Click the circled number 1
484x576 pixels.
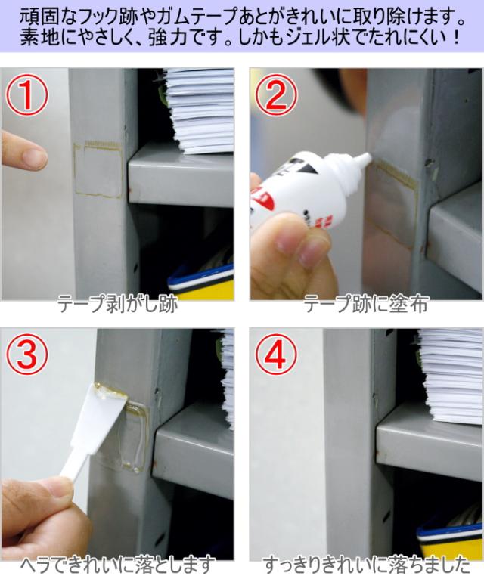click(x=26, y=95)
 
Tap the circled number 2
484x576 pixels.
click(x=276, y=95)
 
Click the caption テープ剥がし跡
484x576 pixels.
click(x=118, y=304)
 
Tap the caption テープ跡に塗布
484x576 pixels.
click(x=366, y=304)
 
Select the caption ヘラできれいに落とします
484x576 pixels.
click(x=118, y=565)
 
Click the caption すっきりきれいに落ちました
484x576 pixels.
click(x=366, y=565)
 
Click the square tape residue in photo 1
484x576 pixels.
click(x=98, y=170)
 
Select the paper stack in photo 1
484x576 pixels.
click(x=198, y=110)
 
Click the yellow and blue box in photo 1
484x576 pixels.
click(x=201, y=281)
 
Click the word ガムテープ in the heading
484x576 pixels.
click(x=199, y=17)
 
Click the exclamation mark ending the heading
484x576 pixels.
click(x=457, y=38)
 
